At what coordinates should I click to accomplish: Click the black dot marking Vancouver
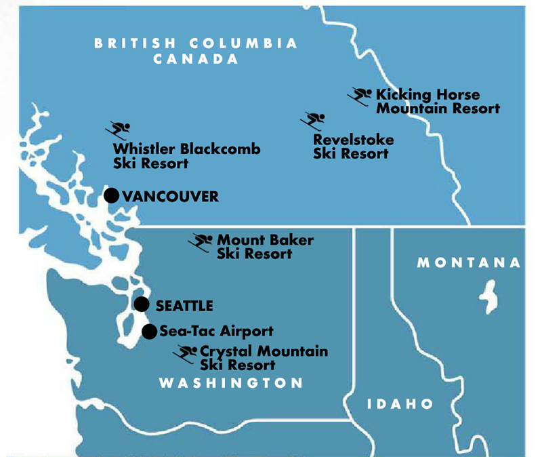[x=112, y=196]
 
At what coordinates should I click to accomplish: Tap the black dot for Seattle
[x=142, y=304]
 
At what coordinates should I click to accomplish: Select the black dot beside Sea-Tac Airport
[x=150, y=332]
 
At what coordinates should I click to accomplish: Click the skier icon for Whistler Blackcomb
[x=119, y=130]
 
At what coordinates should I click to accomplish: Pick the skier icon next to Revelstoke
[x=313, y=121]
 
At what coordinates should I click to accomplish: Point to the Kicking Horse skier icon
[x=360, y=96]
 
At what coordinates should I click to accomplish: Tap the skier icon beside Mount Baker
[x=201, y=242]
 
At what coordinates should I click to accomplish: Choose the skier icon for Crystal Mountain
[x=185, y=353]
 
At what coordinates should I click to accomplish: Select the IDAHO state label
[x=400, y=404]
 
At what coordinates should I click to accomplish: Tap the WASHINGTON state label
[x=230, y=384]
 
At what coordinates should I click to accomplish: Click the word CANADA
[x=196, y=59]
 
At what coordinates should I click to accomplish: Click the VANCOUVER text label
[x=170, y=197]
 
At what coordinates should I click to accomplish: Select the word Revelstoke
[x=353, y=140]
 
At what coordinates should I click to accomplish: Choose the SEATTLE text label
[x=184, y=306]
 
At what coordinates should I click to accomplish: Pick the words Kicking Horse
[x=428, y=95]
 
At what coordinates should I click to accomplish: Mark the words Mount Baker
[x=265, y=240]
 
